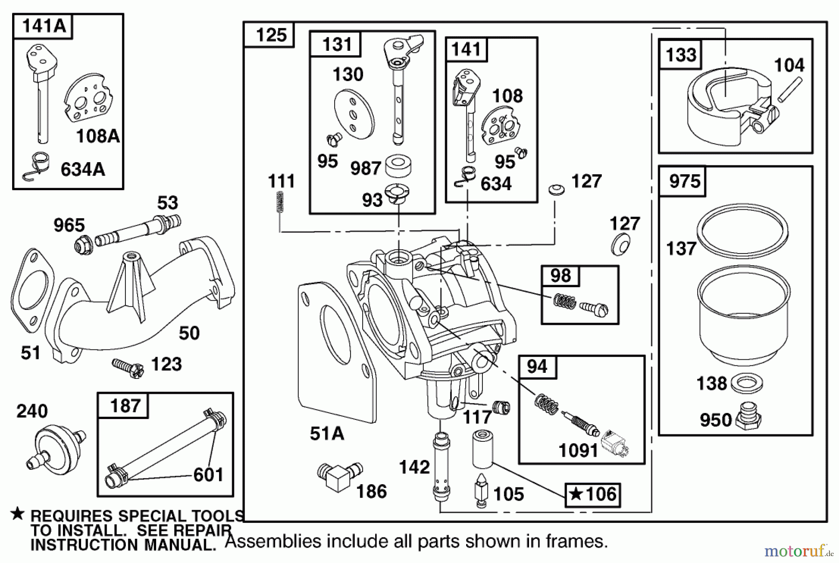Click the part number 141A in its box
43,26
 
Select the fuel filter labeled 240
55,448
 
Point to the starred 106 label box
593,495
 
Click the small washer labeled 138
747,383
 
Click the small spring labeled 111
280,203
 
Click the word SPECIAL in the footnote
151,516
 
